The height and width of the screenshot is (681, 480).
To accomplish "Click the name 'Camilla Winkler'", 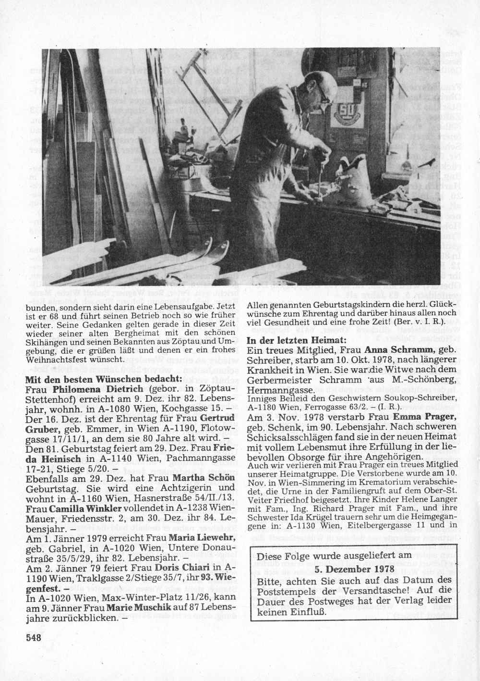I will pyautogui.click(x=93, y=508).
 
